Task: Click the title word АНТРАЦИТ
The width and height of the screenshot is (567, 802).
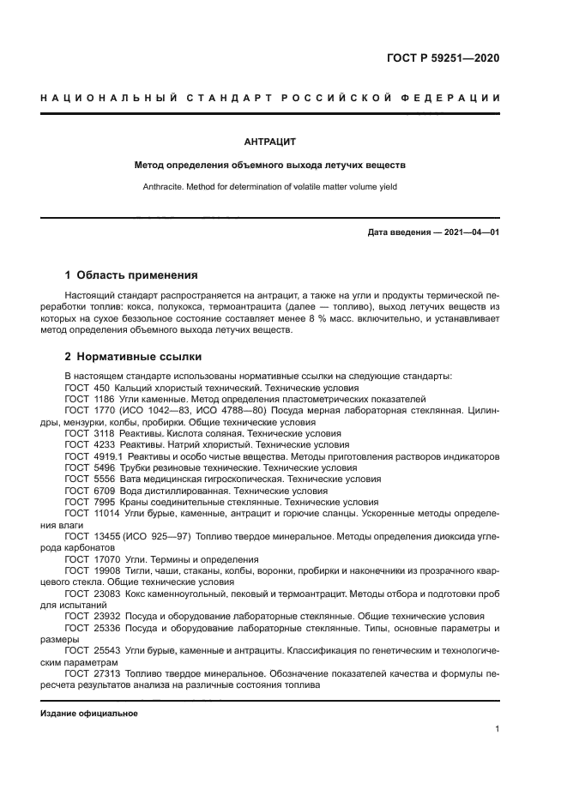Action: point(270,142)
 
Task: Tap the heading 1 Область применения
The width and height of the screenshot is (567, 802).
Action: point(131,275)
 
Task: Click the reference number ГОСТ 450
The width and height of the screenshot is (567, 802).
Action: point(84,388)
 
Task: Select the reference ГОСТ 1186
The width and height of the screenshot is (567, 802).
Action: point(87,399)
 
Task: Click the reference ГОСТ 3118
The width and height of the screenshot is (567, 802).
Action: point(87,434)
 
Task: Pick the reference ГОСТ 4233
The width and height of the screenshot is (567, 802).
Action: point(87,445)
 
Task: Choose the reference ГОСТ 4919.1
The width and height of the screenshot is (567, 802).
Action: point(91,457)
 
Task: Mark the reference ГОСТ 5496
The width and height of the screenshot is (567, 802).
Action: point(87,468)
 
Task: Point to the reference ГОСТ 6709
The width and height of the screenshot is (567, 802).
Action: point(87,491)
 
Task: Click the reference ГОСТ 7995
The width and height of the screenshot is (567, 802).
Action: point(87,503)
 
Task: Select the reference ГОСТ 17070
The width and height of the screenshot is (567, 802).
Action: point(90,559)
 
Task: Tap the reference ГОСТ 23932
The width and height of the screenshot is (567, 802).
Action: point(90,616)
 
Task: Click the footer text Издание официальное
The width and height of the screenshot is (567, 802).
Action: point(89,714)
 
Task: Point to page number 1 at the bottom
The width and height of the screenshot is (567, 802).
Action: point(497,729)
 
